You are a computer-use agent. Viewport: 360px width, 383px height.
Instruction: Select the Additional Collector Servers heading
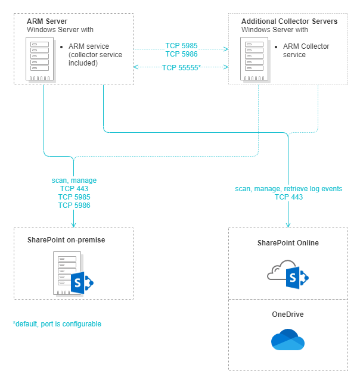pyautogui.click(x=289, y=21)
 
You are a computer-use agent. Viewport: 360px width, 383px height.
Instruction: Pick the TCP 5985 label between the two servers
pyautogui.click(x=181, y=45)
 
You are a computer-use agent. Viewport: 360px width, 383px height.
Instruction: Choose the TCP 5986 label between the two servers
pyautogui.click(x=181, y=54)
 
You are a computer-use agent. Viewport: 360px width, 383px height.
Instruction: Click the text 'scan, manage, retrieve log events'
pyautogui.click(x=288, y=189)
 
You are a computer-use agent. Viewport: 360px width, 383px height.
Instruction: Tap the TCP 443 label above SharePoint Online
pyautogui.click(x=288, y=197)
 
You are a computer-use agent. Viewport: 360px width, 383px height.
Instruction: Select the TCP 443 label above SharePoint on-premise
pyautogui.click(x=74, y=188)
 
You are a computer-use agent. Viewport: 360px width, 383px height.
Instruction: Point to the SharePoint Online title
pyautogui.click(x=288, y=242)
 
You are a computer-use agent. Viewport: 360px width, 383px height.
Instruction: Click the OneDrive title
pyautogui.click(x=288, y=314)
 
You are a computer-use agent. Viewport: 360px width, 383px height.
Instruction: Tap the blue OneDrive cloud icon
pyautogui.click(x=288, y=340)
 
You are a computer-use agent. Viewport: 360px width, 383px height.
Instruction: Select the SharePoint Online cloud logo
pyautogui.click(x=288, y=274)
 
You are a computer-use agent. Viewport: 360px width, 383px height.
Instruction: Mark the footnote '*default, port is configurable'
pyautogui.click(x=57, y=324)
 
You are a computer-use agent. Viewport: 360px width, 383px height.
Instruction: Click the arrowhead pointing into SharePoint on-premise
pyautogui.click(x=73, y=225)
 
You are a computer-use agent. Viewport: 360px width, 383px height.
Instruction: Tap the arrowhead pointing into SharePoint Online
pyautogui.click(x=288, y=225)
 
